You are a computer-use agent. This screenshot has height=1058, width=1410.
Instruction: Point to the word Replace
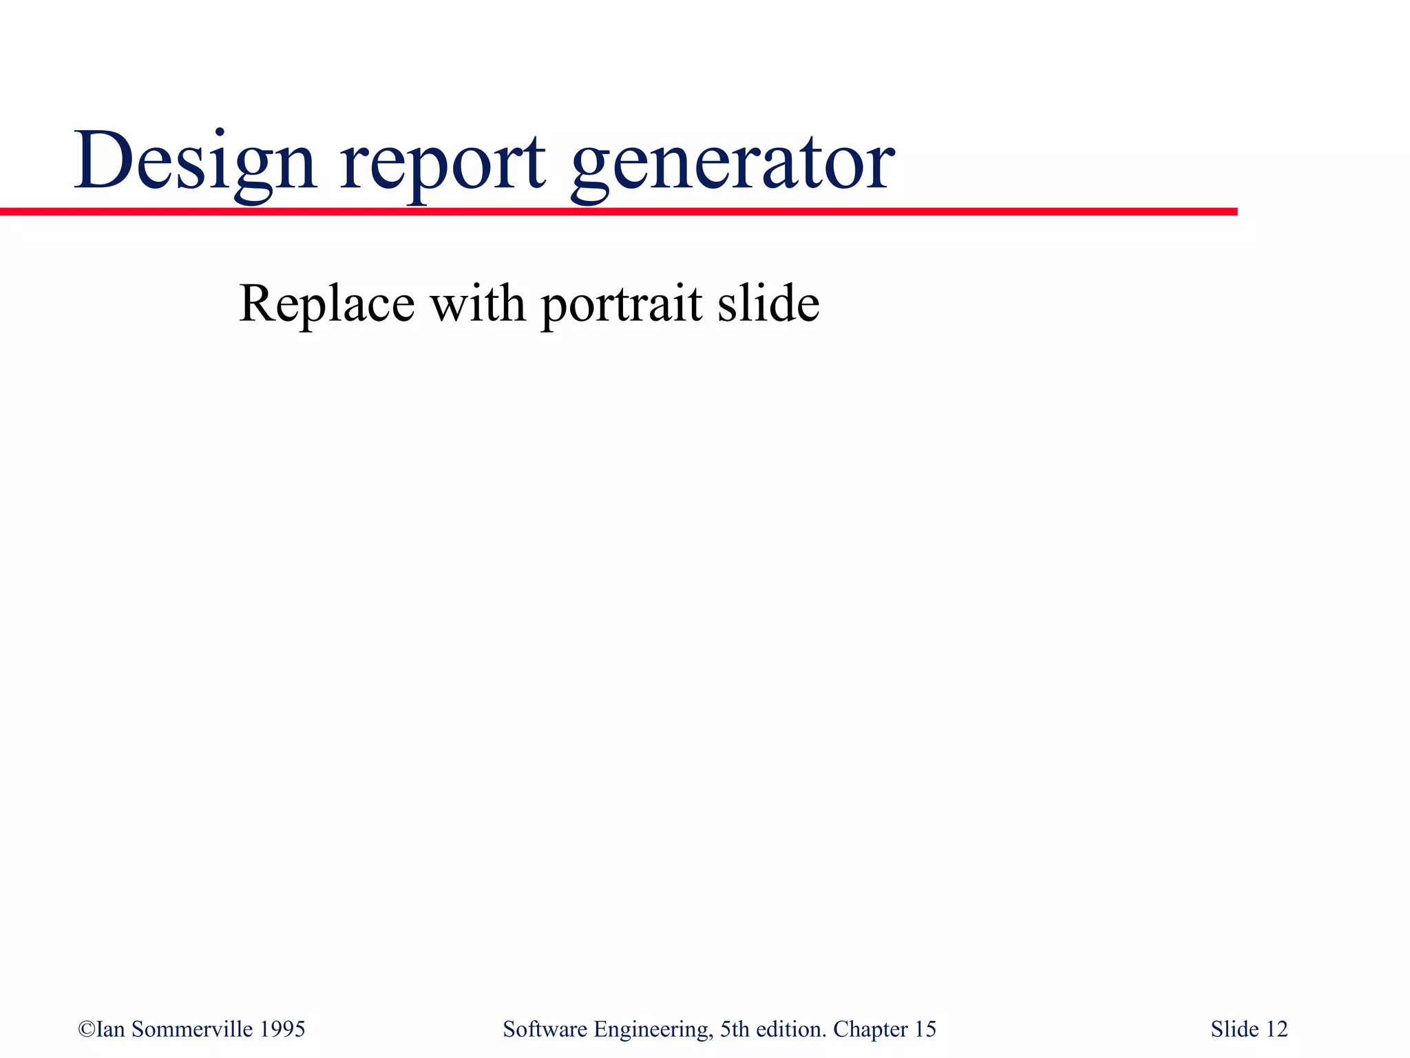point(326,304)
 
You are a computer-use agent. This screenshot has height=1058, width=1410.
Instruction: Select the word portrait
point(621,305)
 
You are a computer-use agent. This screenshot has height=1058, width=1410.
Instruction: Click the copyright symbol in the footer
point(87,1029)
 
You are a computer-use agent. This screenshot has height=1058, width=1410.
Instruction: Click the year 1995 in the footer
point(282,1029)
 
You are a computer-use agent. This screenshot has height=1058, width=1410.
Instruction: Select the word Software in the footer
point(545,1029)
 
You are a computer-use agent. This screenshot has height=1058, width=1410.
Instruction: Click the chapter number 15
point(925,1029)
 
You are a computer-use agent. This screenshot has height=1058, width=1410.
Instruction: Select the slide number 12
point(1276,1029)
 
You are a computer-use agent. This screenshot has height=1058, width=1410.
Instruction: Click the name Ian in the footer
point(111,1029)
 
